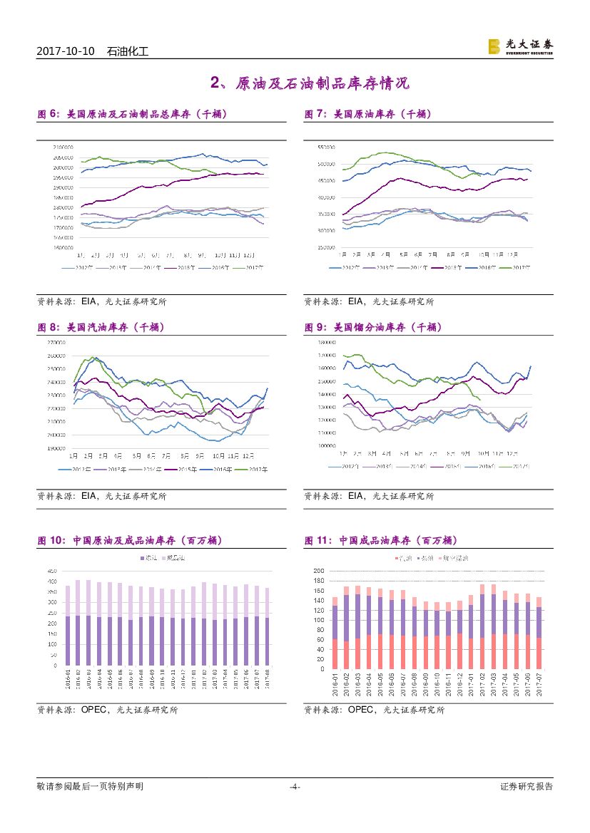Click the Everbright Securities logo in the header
coord(519,46)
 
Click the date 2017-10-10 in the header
coord(66,51)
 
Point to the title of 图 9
coord(373,327)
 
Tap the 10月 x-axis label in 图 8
coord(218,455)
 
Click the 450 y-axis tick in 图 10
coord(52,571)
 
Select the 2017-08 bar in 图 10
coord(267,626)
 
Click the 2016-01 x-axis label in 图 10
coord(68,678)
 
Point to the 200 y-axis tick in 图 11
coord(319,571)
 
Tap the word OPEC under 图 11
coord(362,710)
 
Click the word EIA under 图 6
coord(88,301)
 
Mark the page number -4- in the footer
coord(295,787)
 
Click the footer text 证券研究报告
coord(527,787)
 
